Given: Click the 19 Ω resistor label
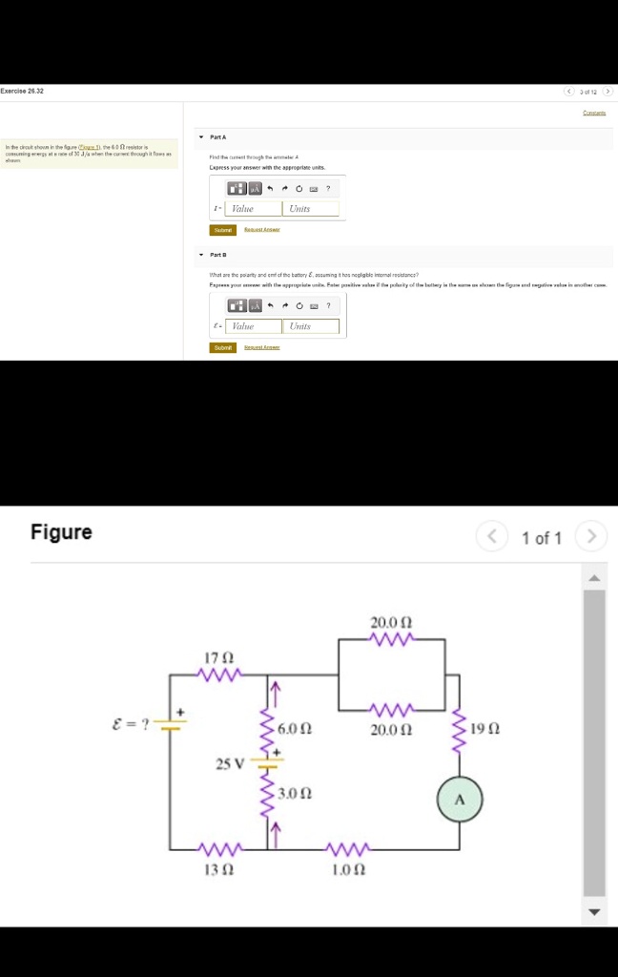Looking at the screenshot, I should [486, 729].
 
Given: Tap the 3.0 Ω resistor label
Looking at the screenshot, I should [298, 793].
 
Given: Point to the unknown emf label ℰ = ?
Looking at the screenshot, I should [131, 722].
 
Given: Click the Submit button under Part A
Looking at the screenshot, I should [222, 230].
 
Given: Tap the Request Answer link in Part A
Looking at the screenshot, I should [261, 230].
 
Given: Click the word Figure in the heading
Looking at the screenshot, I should [61, 532].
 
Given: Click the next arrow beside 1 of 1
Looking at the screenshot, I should [591, 537].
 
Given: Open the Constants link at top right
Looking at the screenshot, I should [595, 113].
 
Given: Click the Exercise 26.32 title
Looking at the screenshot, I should [22, 92].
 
